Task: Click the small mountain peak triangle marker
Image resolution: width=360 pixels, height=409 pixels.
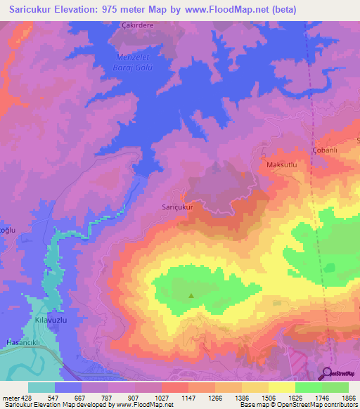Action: [191, 295]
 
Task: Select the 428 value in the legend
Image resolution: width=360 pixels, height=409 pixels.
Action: [27, 397]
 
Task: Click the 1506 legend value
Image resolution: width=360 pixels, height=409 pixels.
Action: [268, 397]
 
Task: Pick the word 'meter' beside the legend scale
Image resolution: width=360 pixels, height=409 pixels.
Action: [10, 397]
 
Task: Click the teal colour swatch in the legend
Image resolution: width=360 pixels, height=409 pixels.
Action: [41, 387]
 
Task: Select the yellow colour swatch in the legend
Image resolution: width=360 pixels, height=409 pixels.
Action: [282, 387]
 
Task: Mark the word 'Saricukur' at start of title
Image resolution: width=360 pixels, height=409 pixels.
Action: [32, 10]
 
